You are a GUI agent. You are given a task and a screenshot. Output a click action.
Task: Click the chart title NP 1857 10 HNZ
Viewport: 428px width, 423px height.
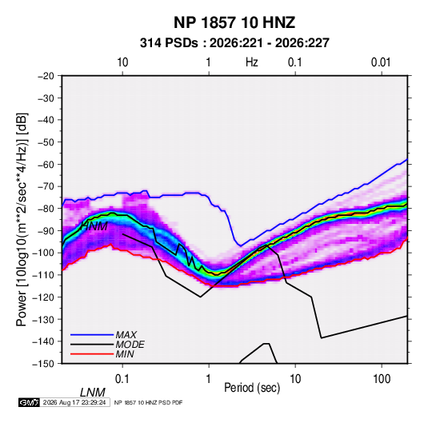point(234,22)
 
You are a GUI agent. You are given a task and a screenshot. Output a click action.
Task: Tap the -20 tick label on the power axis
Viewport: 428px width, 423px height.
point(46,76)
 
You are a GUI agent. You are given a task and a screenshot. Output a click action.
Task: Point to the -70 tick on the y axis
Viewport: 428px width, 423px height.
point(46,186)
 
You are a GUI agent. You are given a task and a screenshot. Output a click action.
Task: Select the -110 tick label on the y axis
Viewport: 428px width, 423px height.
point(43,275)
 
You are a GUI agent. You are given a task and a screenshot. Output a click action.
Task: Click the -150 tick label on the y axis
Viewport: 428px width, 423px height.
point(43,364)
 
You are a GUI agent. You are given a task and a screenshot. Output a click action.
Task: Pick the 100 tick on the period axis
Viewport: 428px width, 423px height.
point(382,379)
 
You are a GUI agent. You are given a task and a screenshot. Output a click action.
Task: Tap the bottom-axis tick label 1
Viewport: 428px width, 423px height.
point(209,379)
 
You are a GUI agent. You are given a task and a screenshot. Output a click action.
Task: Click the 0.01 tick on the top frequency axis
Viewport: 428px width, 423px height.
point(381,62)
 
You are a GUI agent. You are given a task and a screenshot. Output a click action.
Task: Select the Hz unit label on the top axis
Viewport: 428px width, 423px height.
point(252,62)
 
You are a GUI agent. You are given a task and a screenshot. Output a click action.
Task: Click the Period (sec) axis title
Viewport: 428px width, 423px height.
point(252,388)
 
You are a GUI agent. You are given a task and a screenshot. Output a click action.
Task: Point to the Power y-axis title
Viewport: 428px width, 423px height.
point(22,219)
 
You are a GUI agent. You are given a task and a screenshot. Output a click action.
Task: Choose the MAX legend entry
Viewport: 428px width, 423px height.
point(126,334)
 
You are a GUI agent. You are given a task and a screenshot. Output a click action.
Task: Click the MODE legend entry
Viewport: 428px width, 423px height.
point(130,345)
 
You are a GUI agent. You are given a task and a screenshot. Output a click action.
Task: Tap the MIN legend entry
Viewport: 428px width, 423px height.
point(125,354)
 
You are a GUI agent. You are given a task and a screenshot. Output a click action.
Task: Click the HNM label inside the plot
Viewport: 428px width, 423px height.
point(94,226)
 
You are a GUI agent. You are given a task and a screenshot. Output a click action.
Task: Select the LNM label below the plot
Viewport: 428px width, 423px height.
point(92,393)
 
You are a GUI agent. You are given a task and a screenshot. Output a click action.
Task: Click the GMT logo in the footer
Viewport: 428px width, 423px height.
point(29,402)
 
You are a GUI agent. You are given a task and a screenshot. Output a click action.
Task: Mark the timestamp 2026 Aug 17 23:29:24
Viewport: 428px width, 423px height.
point(74,402)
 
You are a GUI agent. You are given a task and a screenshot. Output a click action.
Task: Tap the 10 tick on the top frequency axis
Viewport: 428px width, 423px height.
point(122,62)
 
